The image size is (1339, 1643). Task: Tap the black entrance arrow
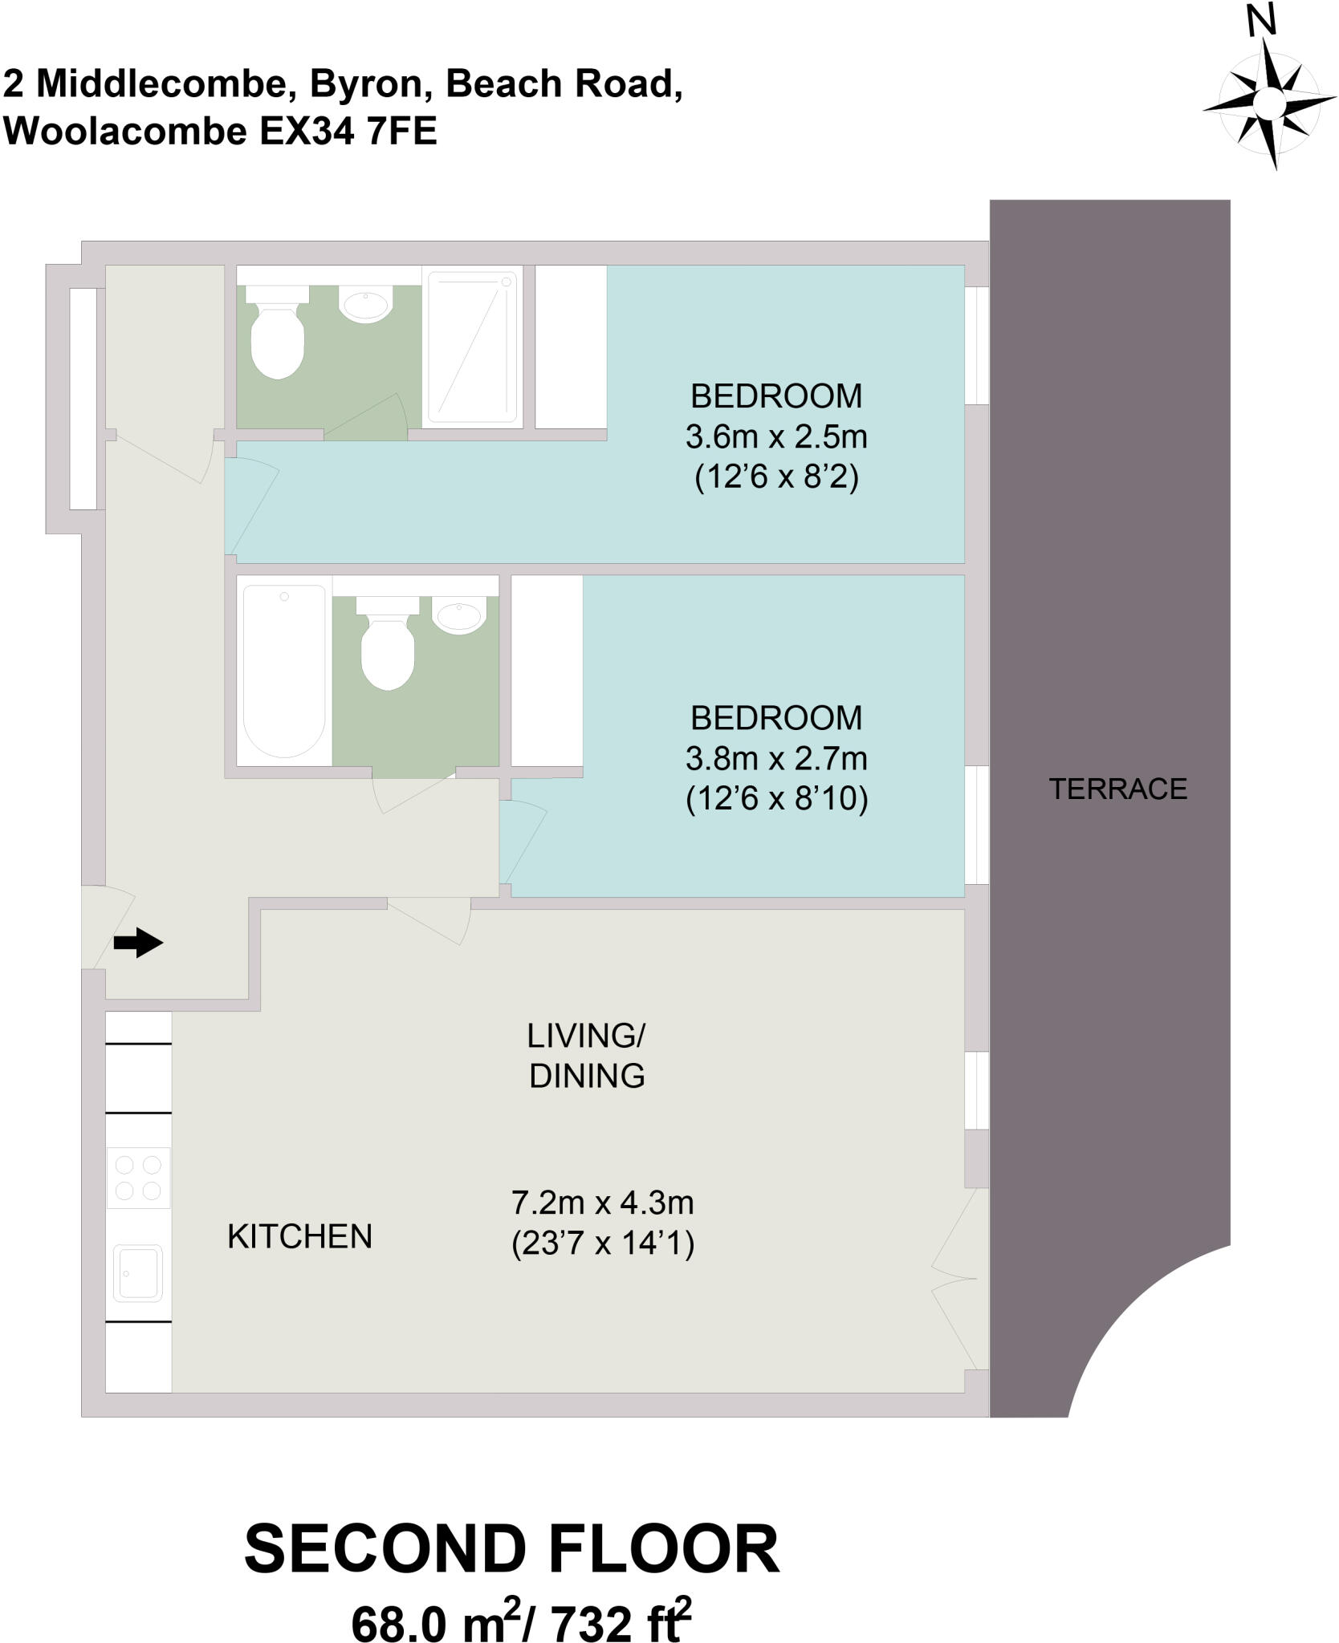pos(138,943)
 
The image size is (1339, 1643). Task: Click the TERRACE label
pos(1117,789)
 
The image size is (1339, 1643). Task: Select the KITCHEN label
pos(299,1236)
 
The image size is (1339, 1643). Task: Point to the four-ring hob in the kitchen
pos(138,1178)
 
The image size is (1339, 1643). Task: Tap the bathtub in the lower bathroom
pos(283,671)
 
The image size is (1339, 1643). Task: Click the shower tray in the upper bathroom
pos(472,346)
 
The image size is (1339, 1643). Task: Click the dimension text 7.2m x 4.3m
pos(602,1203)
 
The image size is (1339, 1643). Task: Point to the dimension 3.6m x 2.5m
pos(775,437)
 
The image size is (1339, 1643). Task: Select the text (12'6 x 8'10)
pos(776,799)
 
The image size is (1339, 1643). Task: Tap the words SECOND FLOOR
pos(511,1549)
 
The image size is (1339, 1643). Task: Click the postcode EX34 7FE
pos(348,132)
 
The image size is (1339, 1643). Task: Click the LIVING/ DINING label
pos(586,1056)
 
